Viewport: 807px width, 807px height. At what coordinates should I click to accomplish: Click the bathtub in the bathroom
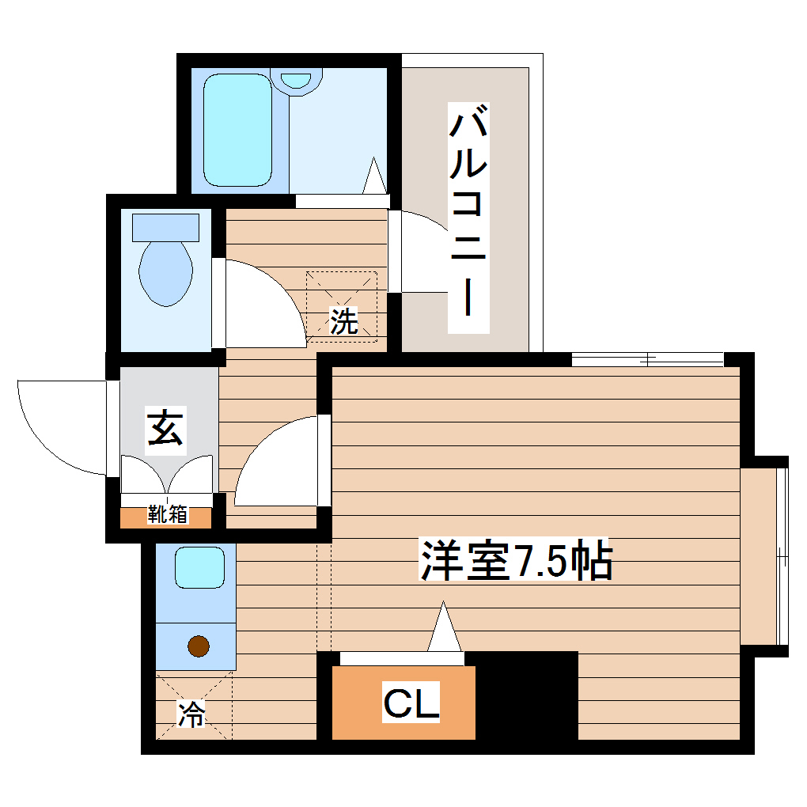[x=237, y=130]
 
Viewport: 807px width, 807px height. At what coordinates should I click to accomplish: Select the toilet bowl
[x=165, y=273]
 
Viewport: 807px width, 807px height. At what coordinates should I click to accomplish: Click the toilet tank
[x=165, y=228]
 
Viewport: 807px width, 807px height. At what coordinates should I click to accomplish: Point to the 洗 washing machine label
[x=343, y=320]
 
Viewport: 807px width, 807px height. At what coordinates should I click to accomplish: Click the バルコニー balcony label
[x=468, y=217]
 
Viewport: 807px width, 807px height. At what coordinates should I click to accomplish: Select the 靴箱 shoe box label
[x=167, y=515]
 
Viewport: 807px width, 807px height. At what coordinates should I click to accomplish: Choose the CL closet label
[x=411, y=704]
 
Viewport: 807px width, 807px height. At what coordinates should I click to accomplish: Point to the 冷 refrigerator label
[x=191, y=714]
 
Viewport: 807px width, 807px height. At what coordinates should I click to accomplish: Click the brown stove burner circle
[x=199, y=646]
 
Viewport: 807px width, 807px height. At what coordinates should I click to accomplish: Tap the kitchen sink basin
[x=195, y=567]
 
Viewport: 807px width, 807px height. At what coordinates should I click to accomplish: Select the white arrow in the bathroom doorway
[x=374, y=175]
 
